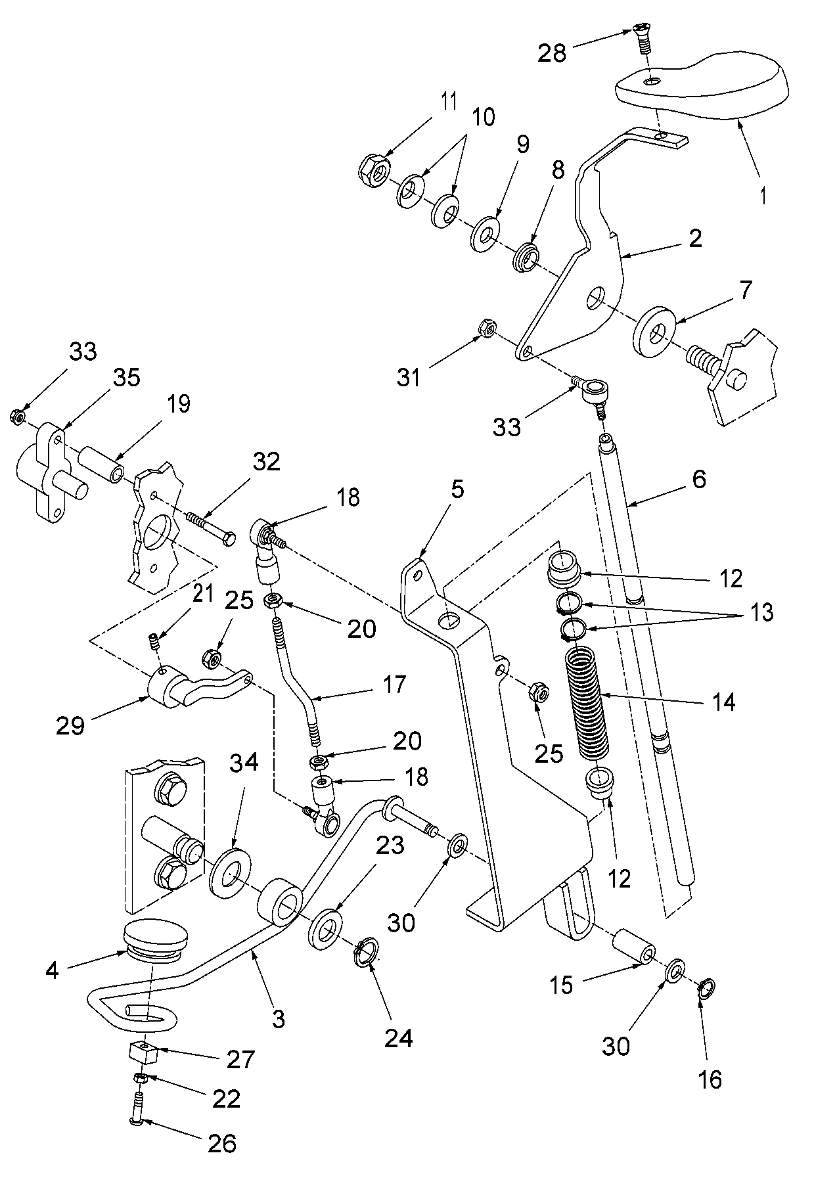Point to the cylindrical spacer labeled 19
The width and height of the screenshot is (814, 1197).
(x=101, y=464)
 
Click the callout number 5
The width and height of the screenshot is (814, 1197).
(x=457, y=489)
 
